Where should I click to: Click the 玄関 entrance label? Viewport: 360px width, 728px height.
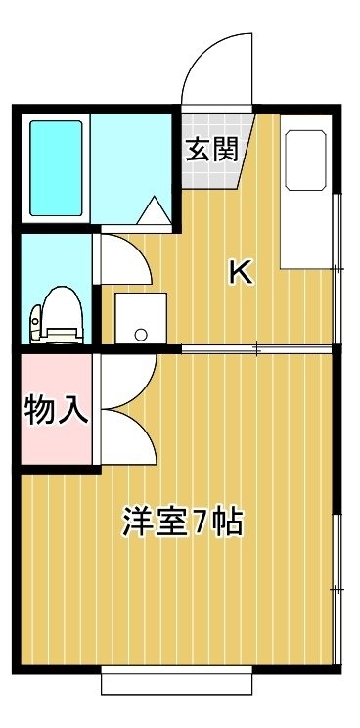click(x=212, y=150)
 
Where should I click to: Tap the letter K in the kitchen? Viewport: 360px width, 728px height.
click(x=242, y=273)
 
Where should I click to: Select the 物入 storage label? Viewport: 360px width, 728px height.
click(x=56, y=409)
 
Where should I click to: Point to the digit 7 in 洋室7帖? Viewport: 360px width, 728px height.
click(x=202, y=523)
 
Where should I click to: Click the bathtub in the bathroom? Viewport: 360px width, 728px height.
click(x=56, y=168)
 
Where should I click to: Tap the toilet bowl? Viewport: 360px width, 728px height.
click(x=57, y=315)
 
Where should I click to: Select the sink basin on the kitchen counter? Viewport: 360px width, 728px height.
click(x=306, y=160)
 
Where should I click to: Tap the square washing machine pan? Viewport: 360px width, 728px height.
click(x=141, y=319)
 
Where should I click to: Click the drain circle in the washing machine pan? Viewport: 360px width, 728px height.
click(x=141, y=334)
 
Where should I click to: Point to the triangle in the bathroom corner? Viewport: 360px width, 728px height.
click(x=154, y=210)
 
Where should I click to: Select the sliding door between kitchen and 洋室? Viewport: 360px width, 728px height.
click(x=256, y=349)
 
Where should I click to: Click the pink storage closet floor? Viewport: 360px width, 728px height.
click(x=56, y=409)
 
